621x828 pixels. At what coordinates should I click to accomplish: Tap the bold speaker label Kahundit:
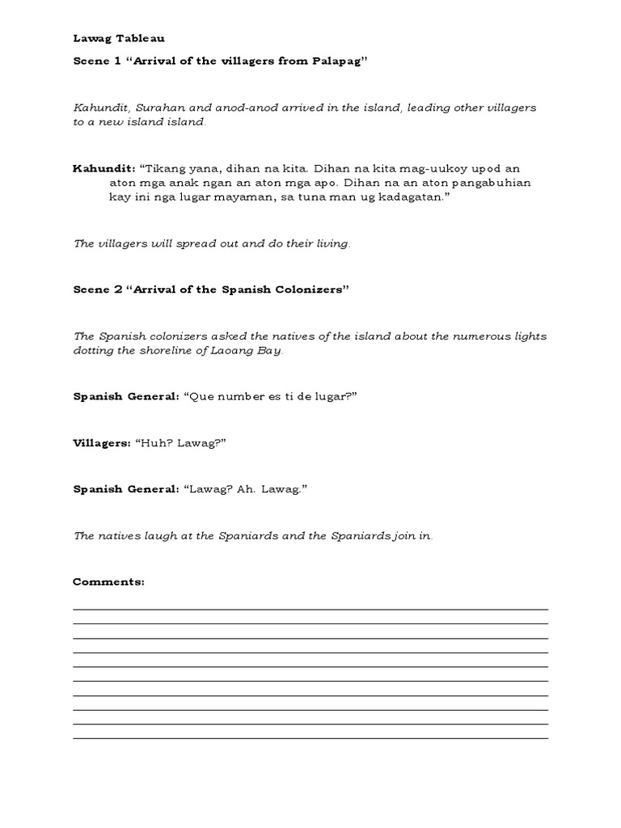click(x=104, y=168)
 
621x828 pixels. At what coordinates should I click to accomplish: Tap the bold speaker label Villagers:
click(x=101, y=443)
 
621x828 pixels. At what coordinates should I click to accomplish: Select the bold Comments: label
click(x=108, y=581)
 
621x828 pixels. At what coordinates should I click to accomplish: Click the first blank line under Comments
click(x=310, y=608)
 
